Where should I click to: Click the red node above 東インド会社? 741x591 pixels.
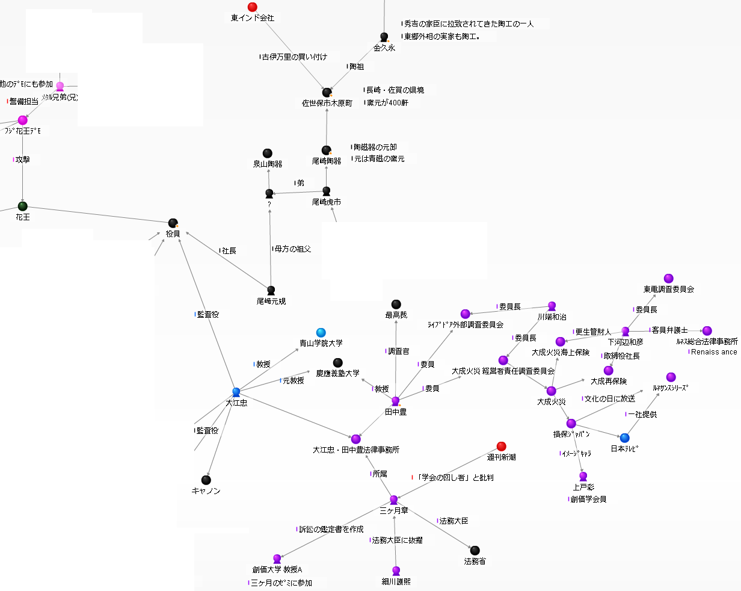point(253,7)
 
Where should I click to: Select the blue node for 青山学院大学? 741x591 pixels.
point(321,332)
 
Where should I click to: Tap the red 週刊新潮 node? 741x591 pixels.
point(502,446)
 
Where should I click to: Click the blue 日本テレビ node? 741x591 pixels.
point(624,438)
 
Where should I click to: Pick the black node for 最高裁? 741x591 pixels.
point(396,304)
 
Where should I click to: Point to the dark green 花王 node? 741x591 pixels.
point(23,206)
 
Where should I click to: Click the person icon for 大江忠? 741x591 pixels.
point(236,392)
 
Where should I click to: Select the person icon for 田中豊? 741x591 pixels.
point(395,401)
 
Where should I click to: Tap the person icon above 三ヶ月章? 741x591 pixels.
point(394,500)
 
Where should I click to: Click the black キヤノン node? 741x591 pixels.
point(206,480)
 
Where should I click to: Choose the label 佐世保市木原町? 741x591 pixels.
point(327,104)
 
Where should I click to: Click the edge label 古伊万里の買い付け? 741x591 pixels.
point(295,57)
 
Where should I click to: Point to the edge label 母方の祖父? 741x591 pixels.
point(293,249)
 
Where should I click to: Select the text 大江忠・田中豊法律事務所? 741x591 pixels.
point(356,450)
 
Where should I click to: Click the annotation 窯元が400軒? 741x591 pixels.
point(388,103)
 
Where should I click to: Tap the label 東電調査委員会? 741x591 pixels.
point(669,289)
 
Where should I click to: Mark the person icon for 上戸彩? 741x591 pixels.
point(583,476)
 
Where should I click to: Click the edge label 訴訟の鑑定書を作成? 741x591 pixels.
point(332,530)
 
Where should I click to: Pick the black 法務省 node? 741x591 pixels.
point(475,550)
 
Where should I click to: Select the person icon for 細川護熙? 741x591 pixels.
point(396,571)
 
